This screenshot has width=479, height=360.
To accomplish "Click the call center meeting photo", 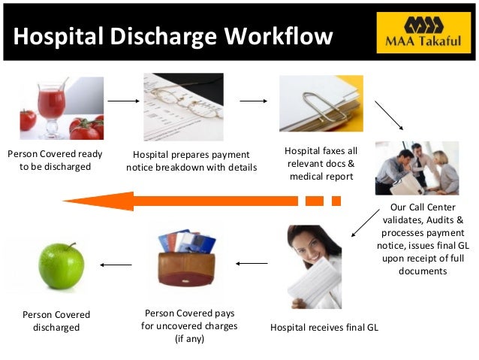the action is click(x=417, y=168).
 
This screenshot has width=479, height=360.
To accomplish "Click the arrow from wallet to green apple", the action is click(x=116, y=264).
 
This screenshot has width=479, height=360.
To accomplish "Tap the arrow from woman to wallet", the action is click(x=252, y=264).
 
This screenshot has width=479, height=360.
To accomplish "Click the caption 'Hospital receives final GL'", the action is click(x=324, y=328).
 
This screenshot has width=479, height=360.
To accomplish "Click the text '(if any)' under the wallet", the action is click(x=189, y=338).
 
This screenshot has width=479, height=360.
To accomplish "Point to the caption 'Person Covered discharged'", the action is click(x=56, y=321).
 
